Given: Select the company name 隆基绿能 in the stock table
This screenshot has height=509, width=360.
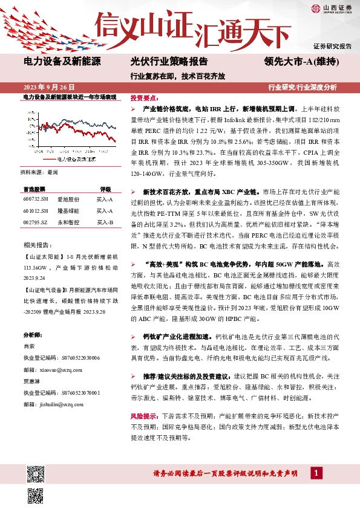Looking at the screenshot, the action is pyautogui.click(x=68, y=210).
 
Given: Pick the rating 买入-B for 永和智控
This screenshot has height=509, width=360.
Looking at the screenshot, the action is pyautogui.click(x=105, y=222).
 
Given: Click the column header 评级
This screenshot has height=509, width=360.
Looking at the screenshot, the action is pyautogui.click(x=105, y=189).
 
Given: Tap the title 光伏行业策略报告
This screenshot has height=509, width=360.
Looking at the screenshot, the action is pyautogui.click(x=169, y=62).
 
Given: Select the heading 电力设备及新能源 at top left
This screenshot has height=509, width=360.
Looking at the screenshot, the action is pyautogui.click(x=62, y=62).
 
